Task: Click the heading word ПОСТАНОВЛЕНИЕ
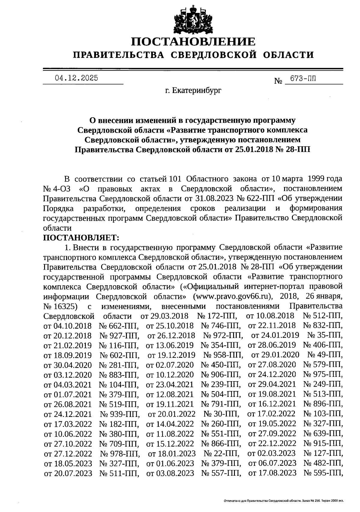[x=193, y=41]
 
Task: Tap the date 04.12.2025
[x=76, y=78]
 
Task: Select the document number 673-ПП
[x=301, y=79]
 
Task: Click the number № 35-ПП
[x=325, y=335]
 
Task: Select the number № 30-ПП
[x=221, y=414]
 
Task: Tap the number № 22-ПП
[x=221, y=453]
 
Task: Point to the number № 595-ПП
[x=323, y=473]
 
